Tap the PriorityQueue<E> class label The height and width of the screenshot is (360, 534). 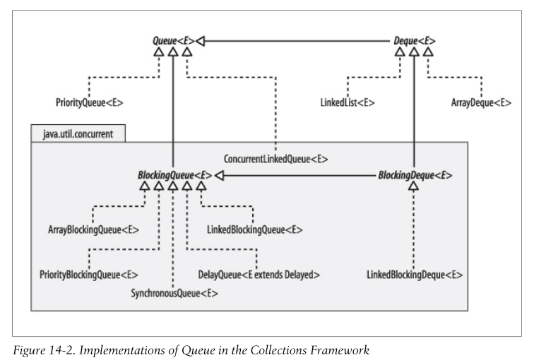(x=89, y=103)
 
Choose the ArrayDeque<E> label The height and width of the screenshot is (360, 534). (x=480, y=103)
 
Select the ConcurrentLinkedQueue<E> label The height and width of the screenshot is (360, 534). (x=276, y=159)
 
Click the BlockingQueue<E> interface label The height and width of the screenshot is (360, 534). (x=174, y=174)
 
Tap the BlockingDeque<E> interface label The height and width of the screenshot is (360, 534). (x=415, y=174)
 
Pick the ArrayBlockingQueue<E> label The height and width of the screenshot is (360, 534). (x=93, y=229)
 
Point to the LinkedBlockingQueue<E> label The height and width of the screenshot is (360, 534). (x=254, y=229)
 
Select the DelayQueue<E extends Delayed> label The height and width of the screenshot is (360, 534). (x=259, y=274)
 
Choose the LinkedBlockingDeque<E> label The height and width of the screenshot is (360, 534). (x=415, y=274)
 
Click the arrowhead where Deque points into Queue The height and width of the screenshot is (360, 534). (x=200, y=42)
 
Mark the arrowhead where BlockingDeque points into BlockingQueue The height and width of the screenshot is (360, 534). (x=218, y=174)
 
